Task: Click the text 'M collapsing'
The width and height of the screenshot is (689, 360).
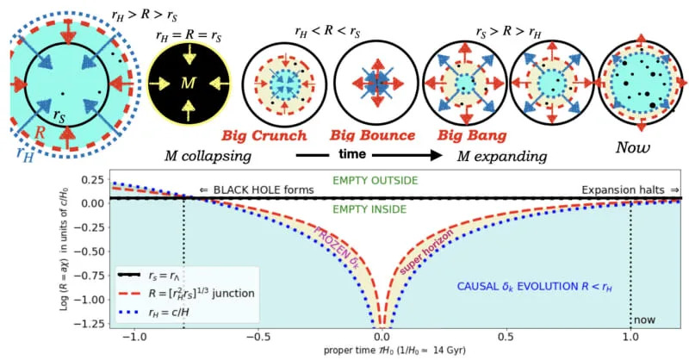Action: click(208, 157)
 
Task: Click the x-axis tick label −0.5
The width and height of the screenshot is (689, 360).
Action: click(256, 338)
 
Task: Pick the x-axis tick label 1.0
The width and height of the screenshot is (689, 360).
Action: click(631, 338)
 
